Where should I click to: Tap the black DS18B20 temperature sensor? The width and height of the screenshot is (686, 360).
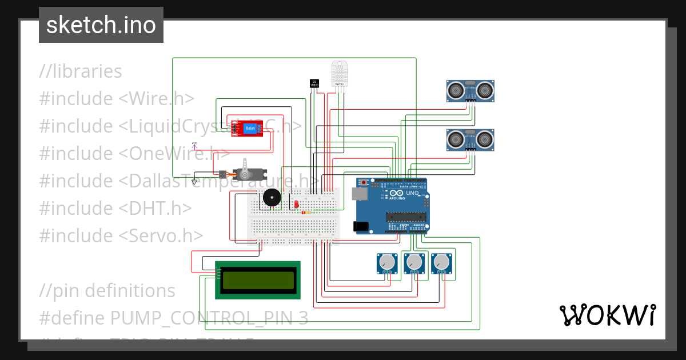314,83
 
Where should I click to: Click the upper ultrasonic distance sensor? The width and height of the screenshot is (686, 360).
470,90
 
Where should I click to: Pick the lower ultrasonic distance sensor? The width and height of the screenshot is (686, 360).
470,139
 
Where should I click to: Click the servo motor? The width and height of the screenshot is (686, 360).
244,173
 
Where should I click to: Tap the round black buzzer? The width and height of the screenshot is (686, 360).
270,198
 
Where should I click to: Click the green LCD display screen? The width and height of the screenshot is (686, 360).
257,280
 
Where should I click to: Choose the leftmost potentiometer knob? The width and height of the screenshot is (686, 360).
387,262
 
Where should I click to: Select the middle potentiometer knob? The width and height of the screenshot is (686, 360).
414,262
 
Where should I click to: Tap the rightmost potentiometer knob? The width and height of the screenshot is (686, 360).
441,262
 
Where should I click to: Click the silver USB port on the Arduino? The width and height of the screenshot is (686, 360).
360,194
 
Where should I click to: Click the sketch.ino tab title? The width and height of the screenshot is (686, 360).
101,25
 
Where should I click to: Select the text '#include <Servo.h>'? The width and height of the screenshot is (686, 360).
121,235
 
